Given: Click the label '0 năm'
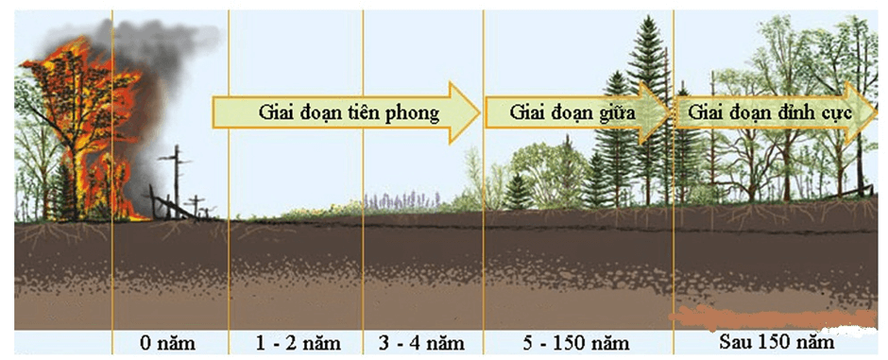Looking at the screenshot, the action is [169, 342].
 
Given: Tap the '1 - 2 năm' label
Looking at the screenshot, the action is [295, 342].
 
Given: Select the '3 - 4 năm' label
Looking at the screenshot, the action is [422, 342].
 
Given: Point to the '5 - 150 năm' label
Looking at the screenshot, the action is [577, 342].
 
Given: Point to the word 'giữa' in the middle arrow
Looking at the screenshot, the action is [615, 113].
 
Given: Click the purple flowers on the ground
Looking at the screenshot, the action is [401, 200].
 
